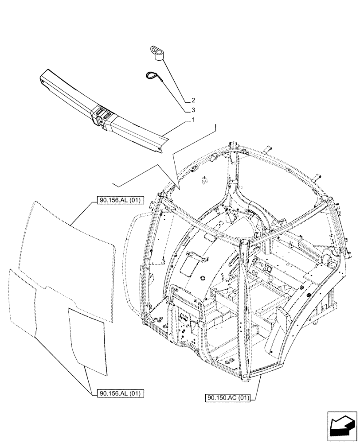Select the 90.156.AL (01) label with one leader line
point(118,201)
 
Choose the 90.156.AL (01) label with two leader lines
point(118,392)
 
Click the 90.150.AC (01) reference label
point(228,398)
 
